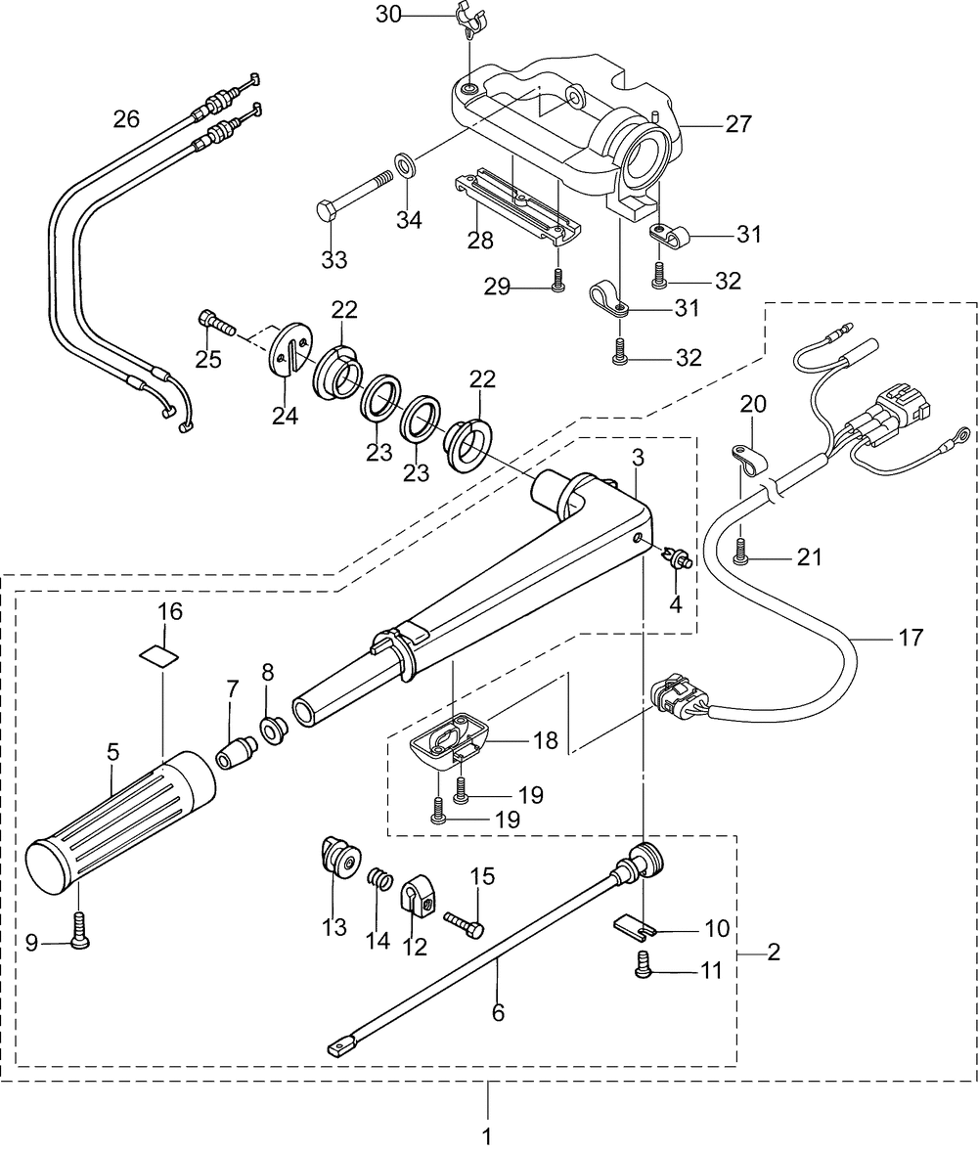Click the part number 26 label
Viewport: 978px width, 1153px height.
click(x=126, y=119)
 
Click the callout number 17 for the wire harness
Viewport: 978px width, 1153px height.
click(x=910, y=640)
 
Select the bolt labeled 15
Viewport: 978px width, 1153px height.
click(x=464, y=920)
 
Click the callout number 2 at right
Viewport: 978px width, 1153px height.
click(x=774, y=952)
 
